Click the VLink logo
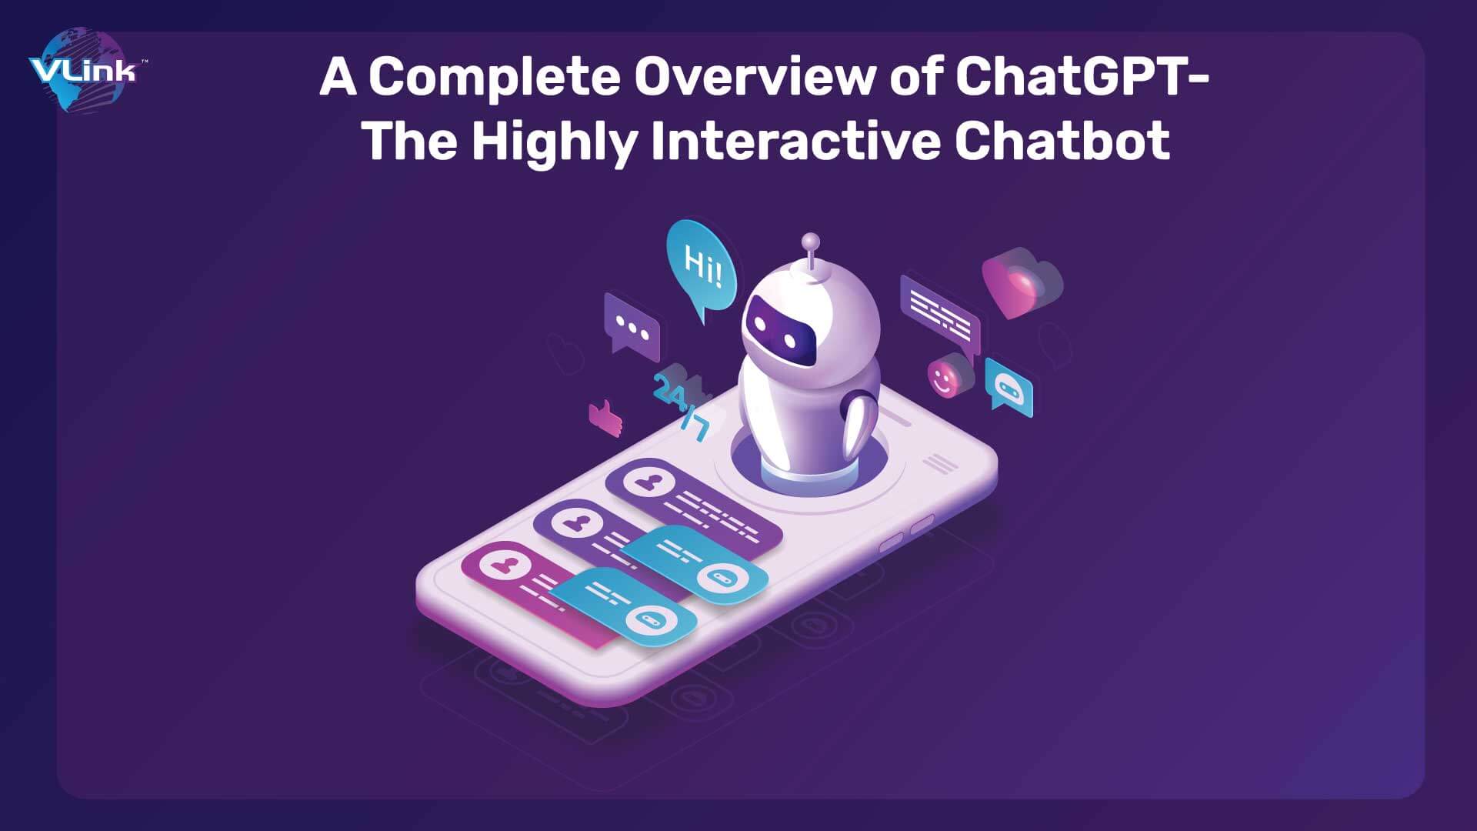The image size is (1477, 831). pos(82,72)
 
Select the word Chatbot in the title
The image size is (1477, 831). pos(1062,142)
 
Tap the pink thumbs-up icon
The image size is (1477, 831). pos(605,418)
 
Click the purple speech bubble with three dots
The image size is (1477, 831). pos(632,326)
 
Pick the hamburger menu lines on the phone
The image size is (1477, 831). pos(939,462)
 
